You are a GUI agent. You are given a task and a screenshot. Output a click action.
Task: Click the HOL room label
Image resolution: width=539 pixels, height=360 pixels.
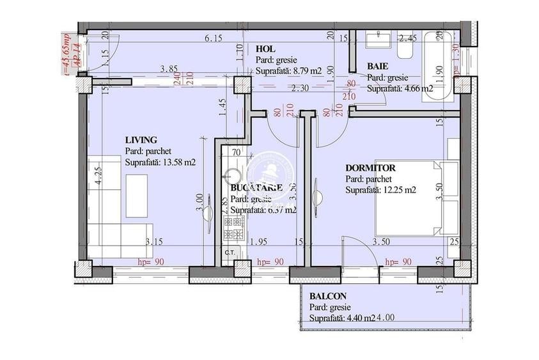tap(265, 49)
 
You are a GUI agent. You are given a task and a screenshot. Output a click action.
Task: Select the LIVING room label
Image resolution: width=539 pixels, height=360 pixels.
tap(141, 139)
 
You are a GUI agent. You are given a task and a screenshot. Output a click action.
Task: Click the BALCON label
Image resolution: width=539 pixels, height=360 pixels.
tap(328, 297)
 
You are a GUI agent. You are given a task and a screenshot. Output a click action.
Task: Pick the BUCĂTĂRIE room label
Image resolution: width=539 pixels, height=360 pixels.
tap(256, 188)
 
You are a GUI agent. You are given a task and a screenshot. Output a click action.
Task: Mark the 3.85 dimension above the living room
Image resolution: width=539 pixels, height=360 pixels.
tap(169, 68)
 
